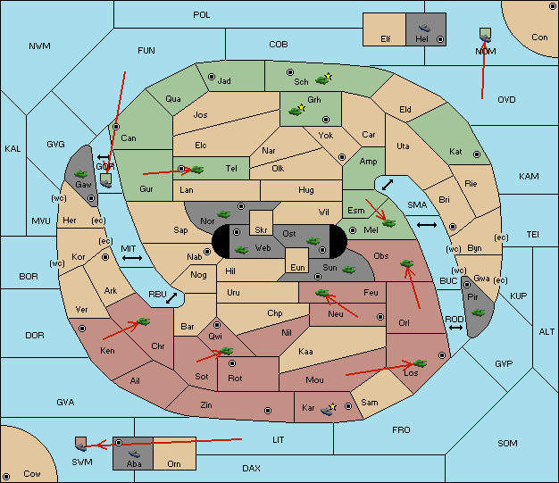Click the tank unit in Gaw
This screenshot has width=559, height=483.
81,174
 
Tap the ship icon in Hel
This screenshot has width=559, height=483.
424,28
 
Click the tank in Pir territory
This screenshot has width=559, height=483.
478,312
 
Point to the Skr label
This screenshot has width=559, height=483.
261,230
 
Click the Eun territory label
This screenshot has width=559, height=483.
297,267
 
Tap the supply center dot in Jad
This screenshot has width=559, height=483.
212,77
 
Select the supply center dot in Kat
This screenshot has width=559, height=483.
477,154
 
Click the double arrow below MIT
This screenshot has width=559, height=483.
132,258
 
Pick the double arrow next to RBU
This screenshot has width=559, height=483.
171,298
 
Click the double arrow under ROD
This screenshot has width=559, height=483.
455,328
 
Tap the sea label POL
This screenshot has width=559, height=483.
202,15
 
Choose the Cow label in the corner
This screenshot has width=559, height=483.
32,474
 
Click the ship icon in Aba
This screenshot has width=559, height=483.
134,453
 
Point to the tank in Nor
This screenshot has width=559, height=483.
223,214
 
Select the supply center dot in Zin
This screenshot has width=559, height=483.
268,411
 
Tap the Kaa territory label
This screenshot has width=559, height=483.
305,352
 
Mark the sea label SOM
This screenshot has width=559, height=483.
507,443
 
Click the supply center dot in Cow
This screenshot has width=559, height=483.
6,477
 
